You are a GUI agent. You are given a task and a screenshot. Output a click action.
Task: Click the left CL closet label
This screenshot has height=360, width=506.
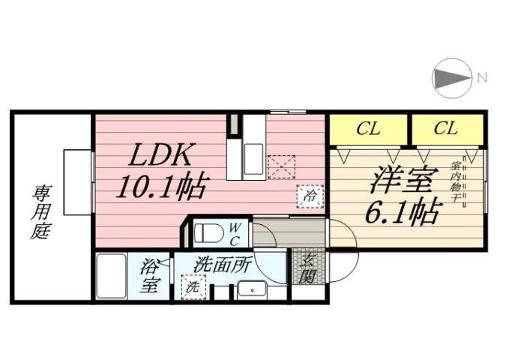coord(367,129)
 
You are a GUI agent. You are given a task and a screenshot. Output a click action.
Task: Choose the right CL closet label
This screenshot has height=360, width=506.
coord(445,129)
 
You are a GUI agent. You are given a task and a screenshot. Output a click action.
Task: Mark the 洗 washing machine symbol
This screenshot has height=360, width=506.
coord(192,286)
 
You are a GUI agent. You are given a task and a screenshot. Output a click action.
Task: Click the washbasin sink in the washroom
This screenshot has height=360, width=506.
coord(253,288)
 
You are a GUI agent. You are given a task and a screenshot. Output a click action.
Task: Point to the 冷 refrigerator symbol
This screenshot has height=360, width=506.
coord(309,195)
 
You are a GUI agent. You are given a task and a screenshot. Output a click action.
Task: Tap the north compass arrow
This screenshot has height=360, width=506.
coord(452,77)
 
